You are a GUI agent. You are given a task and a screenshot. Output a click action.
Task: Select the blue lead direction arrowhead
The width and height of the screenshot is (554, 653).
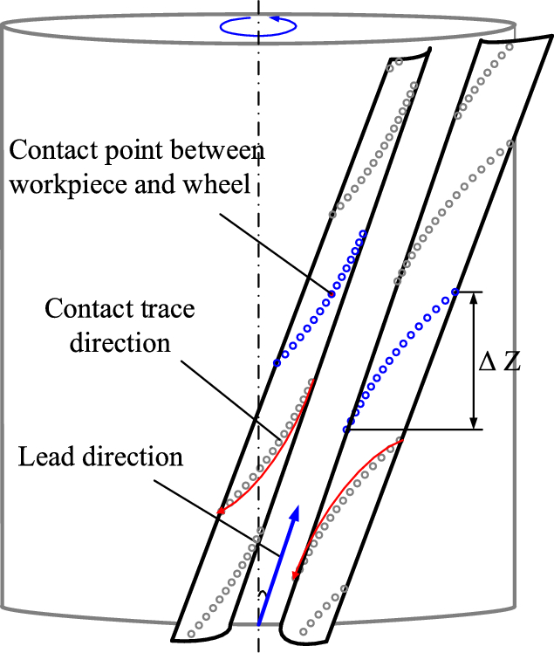(296, 514)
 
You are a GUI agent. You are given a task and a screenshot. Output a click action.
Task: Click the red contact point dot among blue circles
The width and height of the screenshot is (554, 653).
(331, 294)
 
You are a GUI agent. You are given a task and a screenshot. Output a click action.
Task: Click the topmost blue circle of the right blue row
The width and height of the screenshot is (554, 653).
(455, 291)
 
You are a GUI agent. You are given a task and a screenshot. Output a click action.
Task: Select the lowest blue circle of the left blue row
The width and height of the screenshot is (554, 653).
(277, 362)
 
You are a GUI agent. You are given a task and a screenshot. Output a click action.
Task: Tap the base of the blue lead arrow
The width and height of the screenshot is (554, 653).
(259, 623)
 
